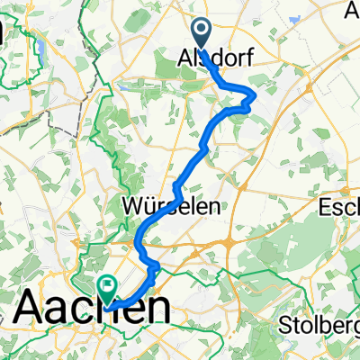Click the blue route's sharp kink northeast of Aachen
[x=155, y=267]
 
